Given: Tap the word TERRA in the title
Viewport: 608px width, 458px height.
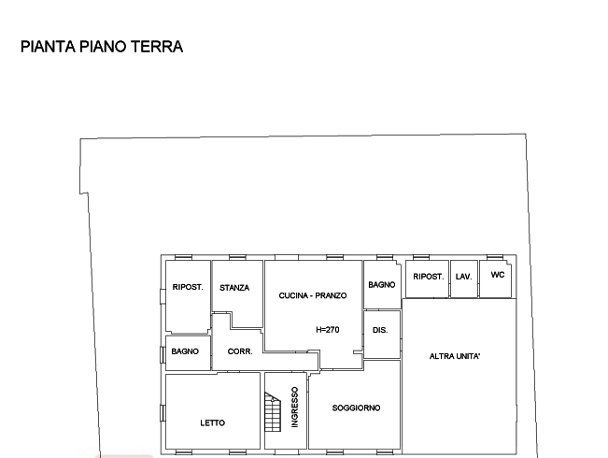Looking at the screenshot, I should click(x=157, y=47).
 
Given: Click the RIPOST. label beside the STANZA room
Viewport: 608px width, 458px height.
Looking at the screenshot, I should click(x=188, y=287).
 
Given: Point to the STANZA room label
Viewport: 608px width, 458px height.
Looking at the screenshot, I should click(x=234, y=287).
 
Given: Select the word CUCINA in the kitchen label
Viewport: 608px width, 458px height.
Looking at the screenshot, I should click(x=294, y=296).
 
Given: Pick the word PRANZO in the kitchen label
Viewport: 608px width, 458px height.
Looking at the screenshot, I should click(x=332, y=296).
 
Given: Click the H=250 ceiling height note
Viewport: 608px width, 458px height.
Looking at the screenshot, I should click(x=325, y=329).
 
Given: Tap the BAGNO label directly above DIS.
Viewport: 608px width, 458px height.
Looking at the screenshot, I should click(x=381, y=284).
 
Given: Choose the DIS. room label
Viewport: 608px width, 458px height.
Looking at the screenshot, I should click(x=380, y=331).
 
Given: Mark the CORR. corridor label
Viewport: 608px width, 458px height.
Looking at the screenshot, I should click(x=237, y=351).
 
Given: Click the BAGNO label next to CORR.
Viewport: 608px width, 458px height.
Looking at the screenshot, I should click(x=184, y=351).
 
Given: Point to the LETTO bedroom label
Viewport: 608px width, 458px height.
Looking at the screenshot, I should click(x=213, y=423).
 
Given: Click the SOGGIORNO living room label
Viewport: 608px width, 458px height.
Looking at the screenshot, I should click(x=356, y=408).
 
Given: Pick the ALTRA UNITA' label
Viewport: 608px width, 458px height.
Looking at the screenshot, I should click(x=455, y=357).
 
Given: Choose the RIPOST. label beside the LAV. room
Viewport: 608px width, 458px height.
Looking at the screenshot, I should click(x=429, y=277).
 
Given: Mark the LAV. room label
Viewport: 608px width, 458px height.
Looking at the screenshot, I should click(x=464, y=277).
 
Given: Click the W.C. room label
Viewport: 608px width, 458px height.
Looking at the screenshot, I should click(x=497, y=277).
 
